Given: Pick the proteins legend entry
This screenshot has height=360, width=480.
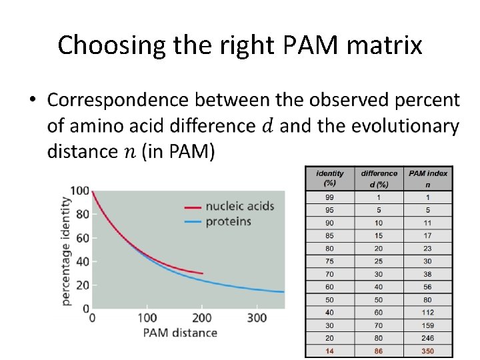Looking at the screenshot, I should pos(228,221).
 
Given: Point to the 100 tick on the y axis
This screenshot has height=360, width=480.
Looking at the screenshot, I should pos(79,191).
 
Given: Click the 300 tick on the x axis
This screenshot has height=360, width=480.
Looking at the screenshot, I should pos(257,318).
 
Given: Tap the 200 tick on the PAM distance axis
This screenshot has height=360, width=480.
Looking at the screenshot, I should pos(202,318).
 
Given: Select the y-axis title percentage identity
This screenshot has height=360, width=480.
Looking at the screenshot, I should pos(66,251).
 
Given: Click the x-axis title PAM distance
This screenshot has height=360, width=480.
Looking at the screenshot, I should pos(179,333).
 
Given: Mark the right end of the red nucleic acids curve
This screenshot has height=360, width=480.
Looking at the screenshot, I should pos(203,273).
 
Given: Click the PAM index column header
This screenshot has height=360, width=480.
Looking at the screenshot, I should pos(427,178).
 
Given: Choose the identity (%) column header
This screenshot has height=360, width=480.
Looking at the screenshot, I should pos(329,178).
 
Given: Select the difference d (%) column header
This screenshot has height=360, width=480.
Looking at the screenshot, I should pos(379,178).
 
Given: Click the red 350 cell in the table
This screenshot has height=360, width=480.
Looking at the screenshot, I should pos(427,350).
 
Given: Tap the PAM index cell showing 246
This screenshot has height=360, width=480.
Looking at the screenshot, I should pos(427,337).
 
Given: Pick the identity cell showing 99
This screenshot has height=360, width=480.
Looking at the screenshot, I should pos(329,197).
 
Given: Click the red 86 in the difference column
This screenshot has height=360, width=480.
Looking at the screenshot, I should pos(379,350).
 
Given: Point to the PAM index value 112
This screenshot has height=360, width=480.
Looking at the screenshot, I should pos(427,312).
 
